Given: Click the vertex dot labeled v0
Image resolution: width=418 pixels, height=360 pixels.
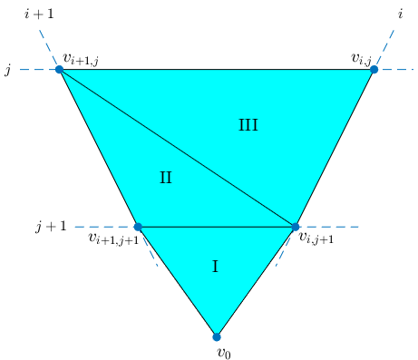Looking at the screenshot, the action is click(216, 336).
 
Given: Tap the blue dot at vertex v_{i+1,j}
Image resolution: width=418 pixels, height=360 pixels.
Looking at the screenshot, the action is click(60, 69).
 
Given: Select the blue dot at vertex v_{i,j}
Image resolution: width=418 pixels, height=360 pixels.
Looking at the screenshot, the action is click(374, 69).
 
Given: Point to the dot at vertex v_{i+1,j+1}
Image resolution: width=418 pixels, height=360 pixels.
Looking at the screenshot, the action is click(138, 227).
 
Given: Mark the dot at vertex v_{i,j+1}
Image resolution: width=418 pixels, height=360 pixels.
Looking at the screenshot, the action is click(296, 227).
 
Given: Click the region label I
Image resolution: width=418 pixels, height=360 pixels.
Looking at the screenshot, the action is click(215, 267).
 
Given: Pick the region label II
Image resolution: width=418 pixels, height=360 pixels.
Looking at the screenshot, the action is click(166, 178).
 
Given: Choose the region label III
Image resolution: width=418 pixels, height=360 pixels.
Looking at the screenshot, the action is click(248, 126).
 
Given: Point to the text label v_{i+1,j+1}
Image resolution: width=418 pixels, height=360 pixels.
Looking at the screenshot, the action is click(113, 238).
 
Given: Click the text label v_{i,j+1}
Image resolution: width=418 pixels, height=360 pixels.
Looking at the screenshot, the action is click(316, 238).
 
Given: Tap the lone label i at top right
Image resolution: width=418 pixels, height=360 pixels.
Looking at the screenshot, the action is click(400, 13).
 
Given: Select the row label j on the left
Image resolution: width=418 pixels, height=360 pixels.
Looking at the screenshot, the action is click(7, 70).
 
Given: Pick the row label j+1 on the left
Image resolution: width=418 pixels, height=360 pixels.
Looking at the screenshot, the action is click(51, 227).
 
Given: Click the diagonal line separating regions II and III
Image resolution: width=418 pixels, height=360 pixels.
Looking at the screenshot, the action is click(178, 148).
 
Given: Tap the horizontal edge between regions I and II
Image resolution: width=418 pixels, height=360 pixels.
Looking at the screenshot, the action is click(217, 227).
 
